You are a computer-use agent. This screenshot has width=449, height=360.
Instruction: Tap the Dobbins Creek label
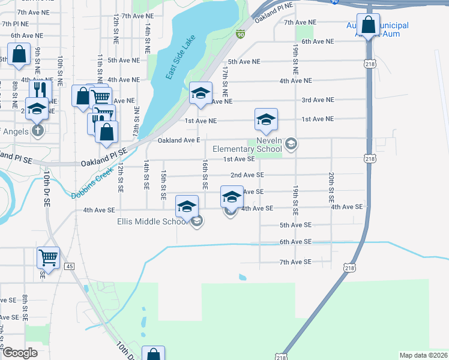92,184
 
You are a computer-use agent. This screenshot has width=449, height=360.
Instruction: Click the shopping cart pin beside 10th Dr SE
49,258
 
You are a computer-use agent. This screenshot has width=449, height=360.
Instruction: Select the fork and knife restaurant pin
40,90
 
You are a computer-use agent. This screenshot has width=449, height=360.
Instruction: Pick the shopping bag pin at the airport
368,25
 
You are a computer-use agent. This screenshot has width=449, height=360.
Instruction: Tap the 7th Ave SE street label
296,262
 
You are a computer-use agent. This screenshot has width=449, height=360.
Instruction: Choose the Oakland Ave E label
178,140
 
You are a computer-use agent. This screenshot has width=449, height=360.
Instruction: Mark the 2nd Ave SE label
247,175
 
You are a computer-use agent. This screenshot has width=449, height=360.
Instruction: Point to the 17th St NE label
224,82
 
